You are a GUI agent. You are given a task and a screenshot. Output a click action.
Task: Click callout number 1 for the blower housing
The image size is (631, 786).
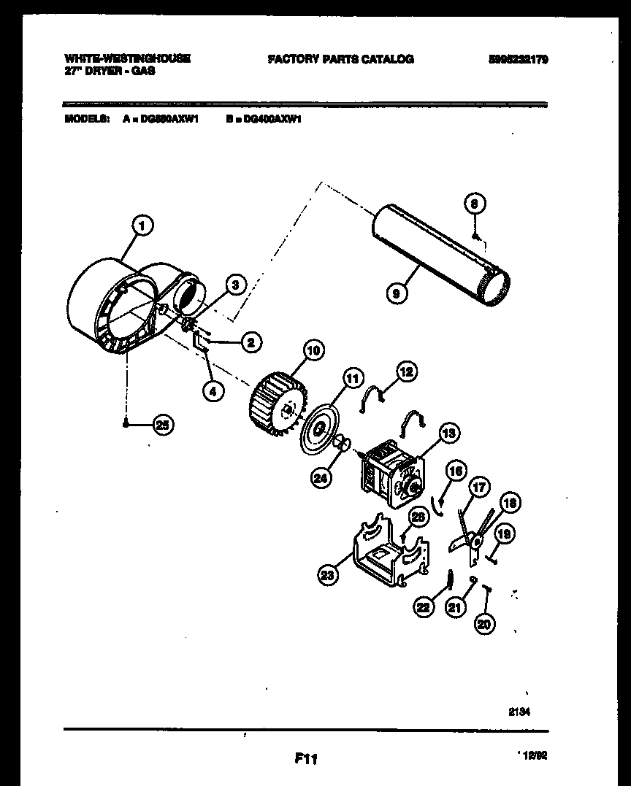(142, 226)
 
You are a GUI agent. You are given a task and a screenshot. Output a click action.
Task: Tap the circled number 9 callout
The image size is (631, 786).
(395, 293)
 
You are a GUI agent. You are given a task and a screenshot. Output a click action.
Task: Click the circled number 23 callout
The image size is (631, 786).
(329, 576)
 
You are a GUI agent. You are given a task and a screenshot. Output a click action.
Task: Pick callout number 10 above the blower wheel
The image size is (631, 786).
(313, 350)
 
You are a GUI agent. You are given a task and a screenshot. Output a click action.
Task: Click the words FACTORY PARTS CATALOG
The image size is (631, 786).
(340, 59)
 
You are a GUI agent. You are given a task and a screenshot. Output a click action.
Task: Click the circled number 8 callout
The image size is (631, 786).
(475, 206)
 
